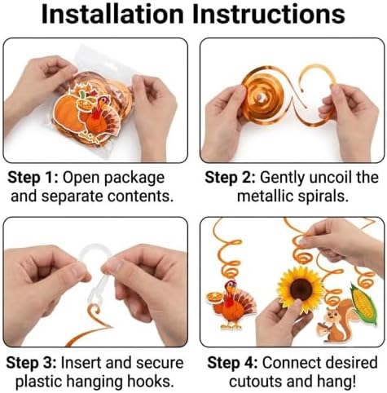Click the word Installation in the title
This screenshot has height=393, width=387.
[x=112, y=14]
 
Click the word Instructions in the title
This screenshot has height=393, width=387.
[x=269, y=14]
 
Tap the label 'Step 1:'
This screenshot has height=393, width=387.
[x=33, y=178]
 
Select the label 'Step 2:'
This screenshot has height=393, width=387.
[x=230, y=178]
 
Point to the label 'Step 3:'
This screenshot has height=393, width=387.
[x=31, y=363]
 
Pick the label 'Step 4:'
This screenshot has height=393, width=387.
[x=232, y=363]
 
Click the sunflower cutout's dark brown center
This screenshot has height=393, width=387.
[x=301, y=289]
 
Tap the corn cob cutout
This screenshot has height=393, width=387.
[x=363, y=303]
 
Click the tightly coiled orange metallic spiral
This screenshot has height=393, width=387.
[x=262, y=97]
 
